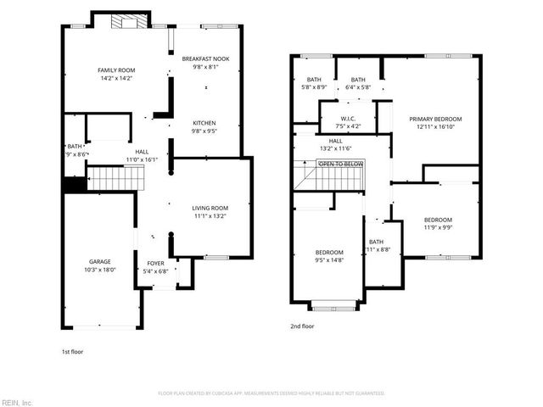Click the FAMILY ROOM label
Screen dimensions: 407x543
pos(117,70)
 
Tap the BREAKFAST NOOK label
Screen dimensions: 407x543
pos(211,59)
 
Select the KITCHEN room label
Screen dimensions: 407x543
pos(204,123)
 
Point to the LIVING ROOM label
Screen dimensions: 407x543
pos(210,208)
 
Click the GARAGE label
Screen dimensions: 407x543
pos(100,261)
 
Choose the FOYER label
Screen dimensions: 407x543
pos(156,263)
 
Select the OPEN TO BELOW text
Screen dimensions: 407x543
pos(341,164)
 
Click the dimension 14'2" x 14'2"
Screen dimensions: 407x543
pos(117,79)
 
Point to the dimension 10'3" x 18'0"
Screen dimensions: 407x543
pos(100,270)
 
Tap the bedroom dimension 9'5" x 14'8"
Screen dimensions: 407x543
pos(329,261)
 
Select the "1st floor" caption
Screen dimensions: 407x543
pos(72,351)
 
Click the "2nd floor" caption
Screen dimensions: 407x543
pos(302,326)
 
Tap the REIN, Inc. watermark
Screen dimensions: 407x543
pos(17,402)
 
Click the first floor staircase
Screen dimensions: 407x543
pos(116,179)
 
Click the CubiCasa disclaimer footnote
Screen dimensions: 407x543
pos(271,393)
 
